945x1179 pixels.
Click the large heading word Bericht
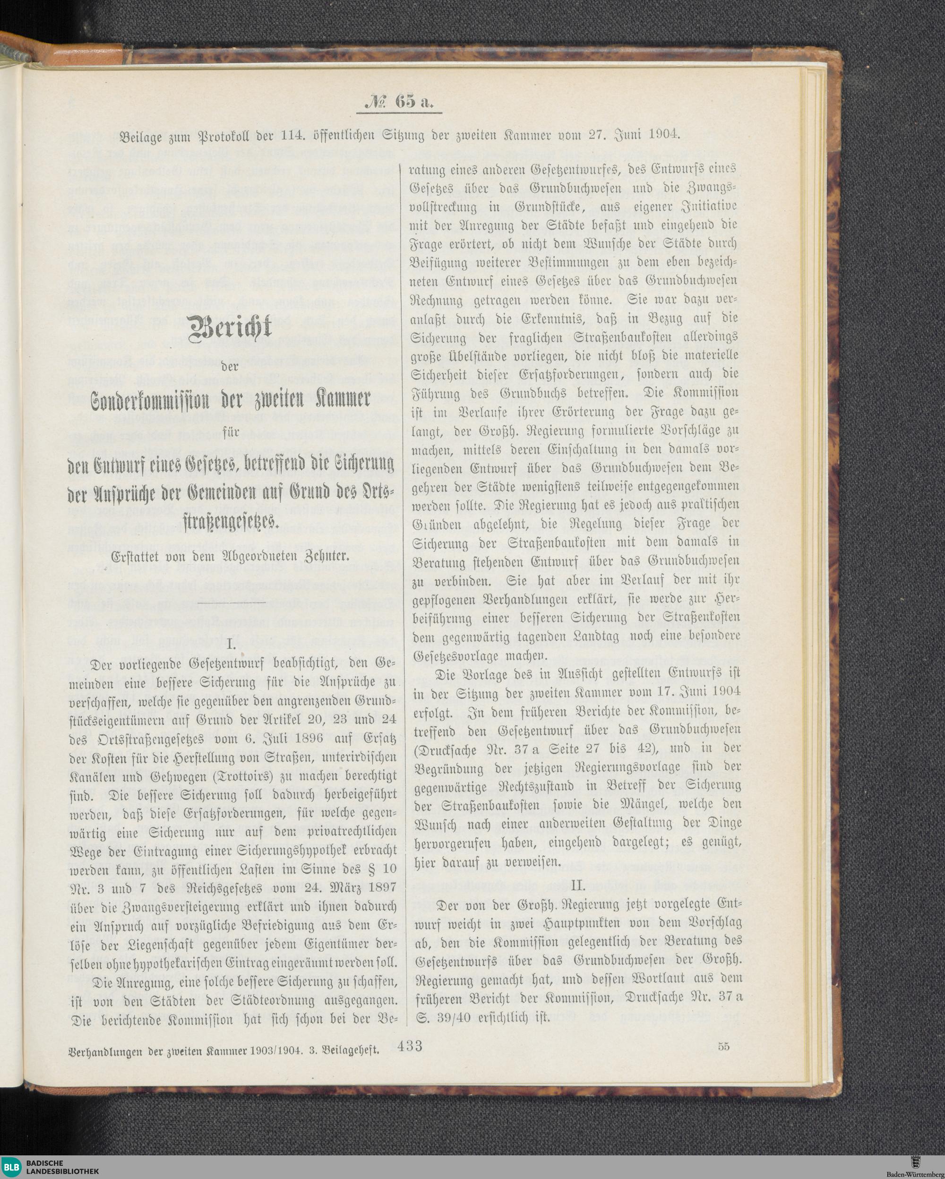230,327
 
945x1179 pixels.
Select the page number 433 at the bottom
410,1046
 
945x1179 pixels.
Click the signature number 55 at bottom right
723,1047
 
